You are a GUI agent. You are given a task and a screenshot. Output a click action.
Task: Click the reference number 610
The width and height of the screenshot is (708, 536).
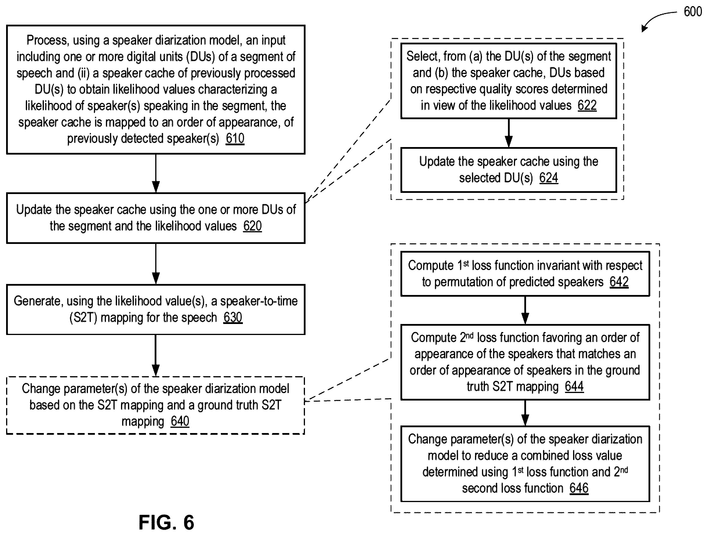pyautogui.click(x=235, y=139)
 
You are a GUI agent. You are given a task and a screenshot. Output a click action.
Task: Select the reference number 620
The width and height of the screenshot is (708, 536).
pyautogui.click(x=252, y=226)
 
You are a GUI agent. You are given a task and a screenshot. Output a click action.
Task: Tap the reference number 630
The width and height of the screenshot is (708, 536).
pyautogui.click(x=233, y=317)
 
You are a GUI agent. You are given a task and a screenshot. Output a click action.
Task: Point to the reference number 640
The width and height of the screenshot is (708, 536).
pyautogui.click(x=180, y=421)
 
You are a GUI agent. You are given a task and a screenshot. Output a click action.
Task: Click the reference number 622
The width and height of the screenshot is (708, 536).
pyautogui.click(x=587, y=105)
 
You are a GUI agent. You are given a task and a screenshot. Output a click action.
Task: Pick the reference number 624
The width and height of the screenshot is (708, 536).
pyautogui.click(x=549, y=178)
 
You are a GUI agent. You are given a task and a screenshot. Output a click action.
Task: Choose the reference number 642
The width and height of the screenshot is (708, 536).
pyautogui.click(x=619, y=282)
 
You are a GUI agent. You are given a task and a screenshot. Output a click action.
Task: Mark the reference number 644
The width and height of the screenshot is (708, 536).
pyautogui.click(x=574, y=386)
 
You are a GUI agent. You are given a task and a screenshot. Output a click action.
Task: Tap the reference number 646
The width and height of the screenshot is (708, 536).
pyautogui.click(x=579, y=488)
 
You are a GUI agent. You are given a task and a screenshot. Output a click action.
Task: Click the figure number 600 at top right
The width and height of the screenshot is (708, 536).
pyautogui.click(x=693, y=12)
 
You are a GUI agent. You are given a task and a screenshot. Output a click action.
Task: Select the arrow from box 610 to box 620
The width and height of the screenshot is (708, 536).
pyautogui.click(x=156, y=173)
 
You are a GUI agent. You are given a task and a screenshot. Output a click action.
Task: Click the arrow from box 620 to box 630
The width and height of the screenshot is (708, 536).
pyautogui.click(x=156, y=264)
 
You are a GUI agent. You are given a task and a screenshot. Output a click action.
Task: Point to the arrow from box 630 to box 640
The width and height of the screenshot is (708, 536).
pyautogui.click(x=156, y=356)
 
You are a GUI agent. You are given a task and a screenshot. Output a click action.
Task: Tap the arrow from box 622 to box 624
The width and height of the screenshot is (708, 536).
pyautogui.click(x=509, y=133)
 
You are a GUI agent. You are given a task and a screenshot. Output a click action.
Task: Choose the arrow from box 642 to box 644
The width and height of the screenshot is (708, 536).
pyautogui.click(x=525, y=310)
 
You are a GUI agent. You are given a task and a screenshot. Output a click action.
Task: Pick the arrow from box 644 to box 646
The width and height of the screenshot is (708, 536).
pyautogui.click(x=525, y=413)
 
